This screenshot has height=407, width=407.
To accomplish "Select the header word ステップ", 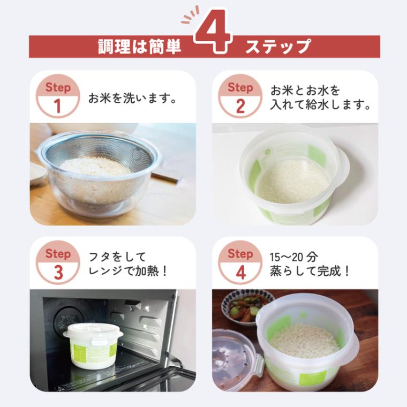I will coord(277,47).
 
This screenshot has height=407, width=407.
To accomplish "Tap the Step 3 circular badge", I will coord(57,262).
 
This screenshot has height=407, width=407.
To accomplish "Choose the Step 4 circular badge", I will coord(240,262).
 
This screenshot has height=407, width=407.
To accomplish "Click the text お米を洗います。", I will coord(132,99).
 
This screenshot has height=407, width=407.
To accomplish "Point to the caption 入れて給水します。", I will coord(321,105).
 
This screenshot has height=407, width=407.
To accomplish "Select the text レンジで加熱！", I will coord(128,271).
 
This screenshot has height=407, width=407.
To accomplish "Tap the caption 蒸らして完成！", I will coord(310,271).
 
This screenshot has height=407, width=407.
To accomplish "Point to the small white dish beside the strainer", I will coord(36,174).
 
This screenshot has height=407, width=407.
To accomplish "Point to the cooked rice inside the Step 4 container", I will coord(303,340).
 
